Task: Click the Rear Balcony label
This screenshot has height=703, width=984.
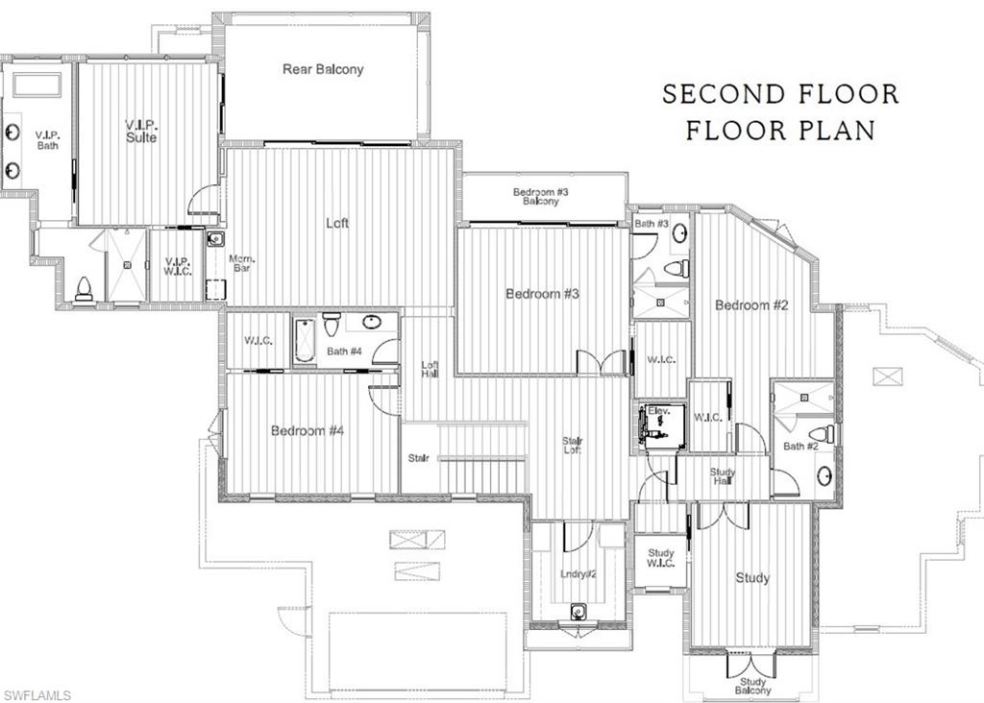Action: [x=323, y=69]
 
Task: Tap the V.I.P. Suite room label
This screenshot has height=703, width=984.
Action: [x=140, y=131]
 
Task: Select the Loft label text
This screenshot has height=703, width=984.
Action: [x=337, y=223]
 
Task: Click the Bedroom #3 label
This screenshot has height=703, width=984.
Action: [x=542, y=293]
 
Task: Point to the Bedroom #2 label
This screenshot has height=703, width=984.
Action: [x=751, y=305]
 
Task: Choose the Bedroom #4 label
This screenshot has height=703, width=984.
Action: [x=307, y=431]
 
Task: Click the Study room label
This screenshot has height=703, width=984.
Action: [x=752, y=578]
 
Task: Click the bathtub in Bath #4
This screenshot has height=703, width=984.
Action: [x=305, y=339]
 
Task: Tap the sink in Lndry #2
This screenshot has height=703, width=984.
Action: [x=578, y=612]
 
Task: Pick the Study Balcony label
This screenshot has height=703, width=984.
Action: [x=752, y=685]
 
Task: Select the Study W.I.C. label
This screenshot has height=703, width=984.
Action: [x=660, y=558]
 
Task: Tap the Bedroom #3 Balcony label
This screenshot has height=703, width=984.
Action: [x=541, y=196]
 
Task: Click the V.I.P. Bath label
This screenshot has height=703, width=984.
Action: [x=47, y=139]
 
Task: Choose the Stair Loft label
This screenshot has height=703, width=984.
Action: [x=573, y=446]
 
